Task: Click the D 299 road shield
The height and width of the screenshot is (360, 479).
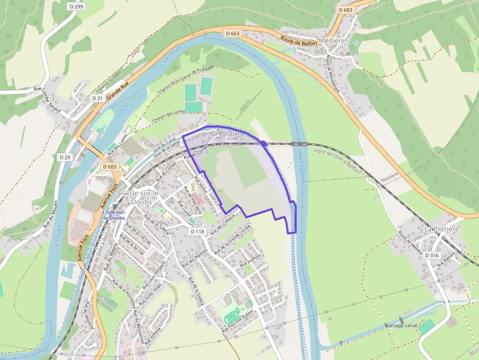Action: (x=76, y=7)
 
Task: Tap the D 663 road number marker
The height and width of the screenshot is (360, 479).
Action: (x=233, y=33)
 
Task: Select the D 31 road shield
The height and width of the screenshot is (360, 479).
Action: (x=97, y=98)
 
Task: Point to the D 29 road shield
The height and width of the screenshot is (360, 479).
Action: (x=65, y=157)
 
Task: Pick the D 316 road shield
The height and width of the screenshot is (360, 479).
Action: (x=432, y=255)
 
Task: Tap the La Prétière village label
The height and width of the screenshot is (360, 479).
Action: (x=441, y=229)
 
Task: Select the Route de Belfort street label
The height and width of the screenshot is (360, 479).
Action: (x=299, y=41)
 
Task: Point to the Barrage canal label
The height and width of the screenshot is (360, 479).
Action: (x=401, y=325)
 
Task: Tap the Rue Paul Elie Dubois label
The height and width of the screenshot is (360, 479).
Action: (x=238, y=321)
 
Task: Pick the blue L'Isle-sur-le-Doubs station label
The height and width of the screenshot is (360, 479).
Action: (x=114, y=215)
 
